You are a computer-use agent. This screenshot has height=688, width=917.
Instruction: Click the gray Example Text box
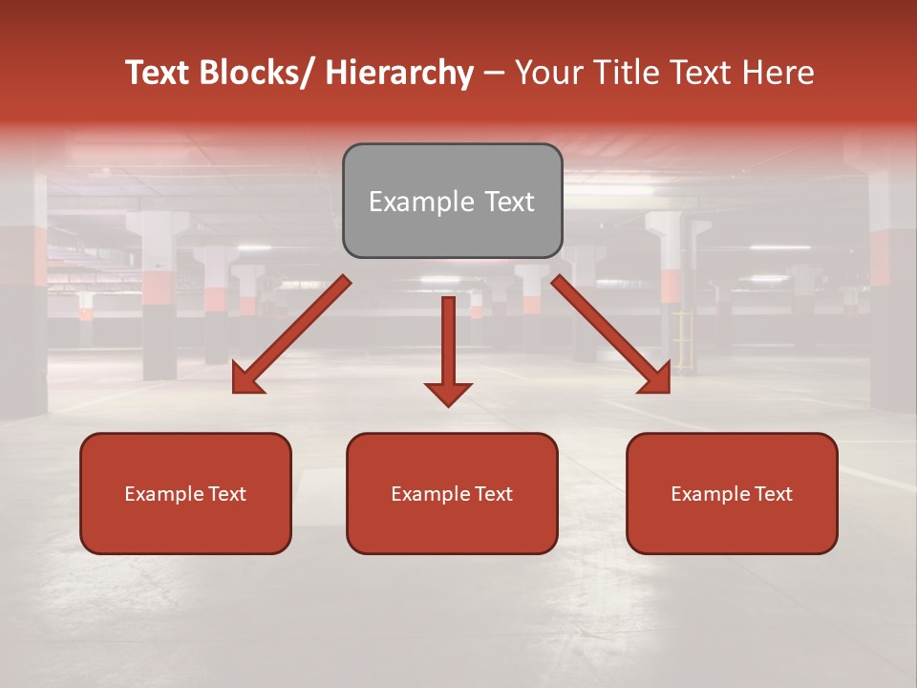tap(452, 201)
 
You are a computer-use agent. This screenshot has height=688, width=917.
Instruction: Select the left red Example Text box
tap(185, 493)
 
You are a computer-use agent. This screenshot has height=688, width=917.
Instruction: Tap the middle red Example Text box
tap(452, 493)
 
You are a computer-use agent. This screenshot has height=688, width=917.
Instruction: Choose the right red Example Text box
tap(732, 493)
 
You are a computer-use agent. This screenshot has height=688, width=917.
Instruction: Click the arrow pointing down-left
tap(292, 334)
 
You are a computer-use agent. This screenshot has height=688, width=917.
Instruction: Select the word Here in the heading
tap(778, 74)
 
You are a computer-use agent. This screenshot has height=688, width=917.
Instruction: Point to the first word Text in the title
tap(159, 74)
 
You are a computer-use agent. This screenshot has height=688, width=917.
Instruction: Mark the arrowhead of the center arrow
tap(448, 393)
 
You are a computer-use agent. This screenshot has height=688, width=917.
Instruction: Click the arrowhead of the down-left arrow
tap(246, 380)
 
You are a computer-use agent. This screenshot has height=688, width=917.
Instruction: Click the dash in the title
tap(494, 74)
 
